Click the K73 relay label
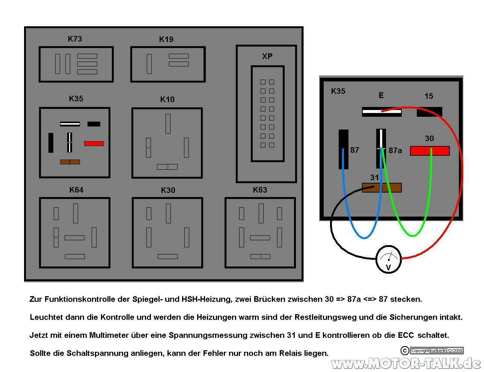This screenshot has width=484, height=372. pyautogui.click(x=75, y=39)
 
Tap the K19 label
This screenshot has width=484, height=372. pyautogui.click(x=166, y=39)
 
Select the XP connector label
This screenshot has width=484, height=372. pyautogui.click(x=267, y=56)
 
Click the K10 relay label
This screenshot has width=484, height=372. pyautogui.click(x=167, y=99)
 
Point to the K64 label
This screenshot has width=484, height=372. pyautogui.click(x=76, y=190)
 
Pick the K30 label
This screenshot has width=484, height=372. pyautogui.click(x=168, y=190)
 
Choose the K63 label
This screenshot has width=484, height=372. pyautogui.click(x=260, y=190)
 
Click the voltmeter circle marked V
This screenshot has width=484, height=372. pyautogui.click(x=389, y=259)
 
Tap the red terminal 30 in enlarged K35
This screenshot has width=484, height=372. pyautogui.click(x=430, y=151)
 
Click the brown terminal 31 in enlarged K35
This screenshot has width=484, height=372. pyautogui.click(x=381, y=188)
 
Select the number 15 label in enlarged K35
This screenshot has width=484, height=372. pyautogui.click(x=429, y=96)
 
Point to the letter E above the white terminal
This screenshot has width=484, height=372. pyautogui.click(x=381, y=95)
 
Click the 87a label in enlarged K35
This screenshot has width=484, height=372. pyautogui.click(x=395, y=151)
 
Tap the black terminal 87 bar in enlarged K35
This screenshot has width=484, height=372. pyautogui.click(x=343, y=149)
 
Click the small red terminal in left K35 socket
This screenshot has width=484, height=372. pyautogui.click(x=94, y=143)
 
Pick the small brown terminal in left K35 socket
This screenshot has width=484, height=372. pyautogui.click(x=70, y=162)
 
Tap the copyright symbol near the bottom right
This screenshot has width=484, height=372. pyautogui.click(x=405, y=351)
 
